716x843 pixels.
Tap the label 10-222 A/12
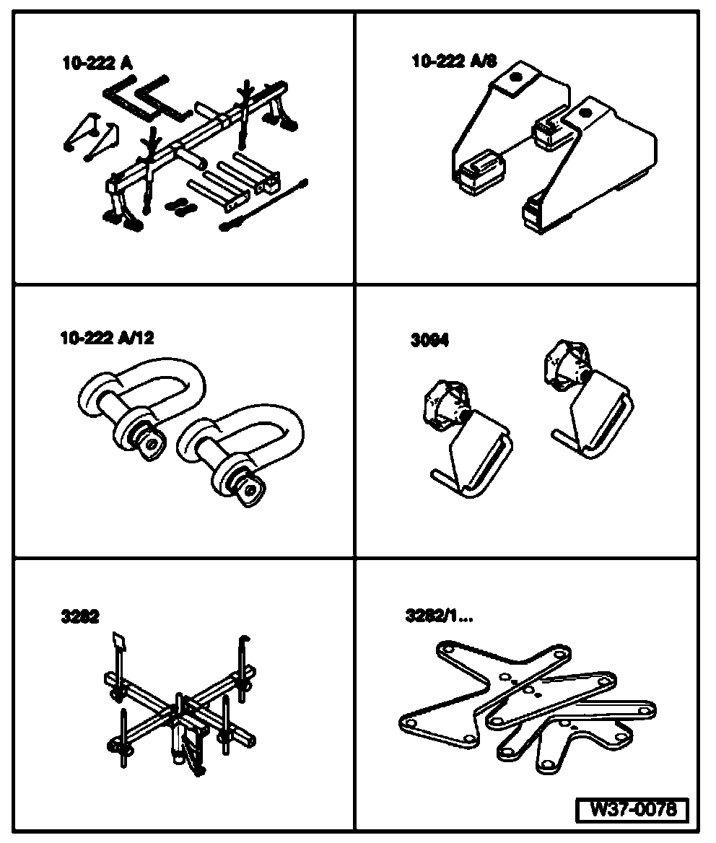[107, 338]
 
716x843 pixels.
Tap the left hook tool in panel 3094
[462, 440]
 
